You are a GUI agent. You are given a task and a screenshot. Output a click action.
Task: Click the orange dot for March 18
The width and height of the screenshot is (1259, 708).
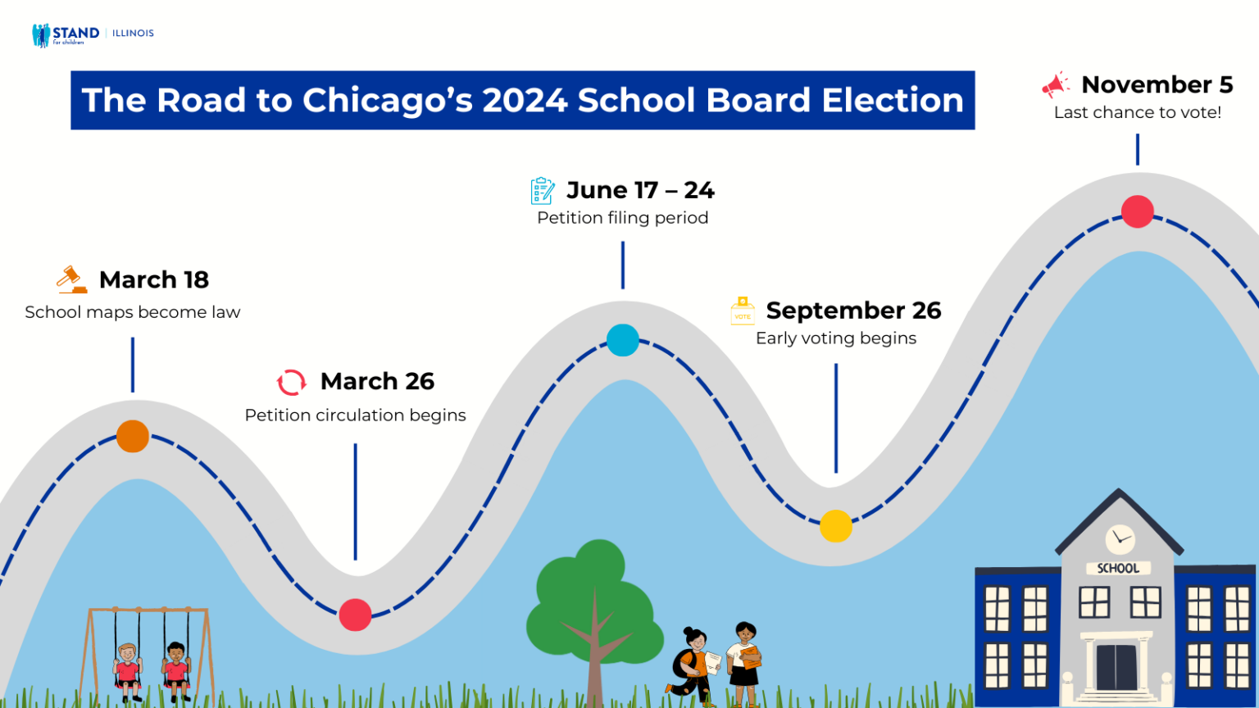pyautogui.click(x=133, y=436)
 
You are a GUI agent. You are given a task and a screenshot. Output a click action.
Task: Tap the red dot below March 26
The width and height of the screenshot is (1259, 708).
pyautogui.click(x=355, y=615)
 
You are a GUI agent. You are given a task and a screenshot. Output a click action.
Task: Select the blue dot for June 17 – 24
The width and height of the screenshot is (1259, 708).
pyautogui.click(x=623, y=340)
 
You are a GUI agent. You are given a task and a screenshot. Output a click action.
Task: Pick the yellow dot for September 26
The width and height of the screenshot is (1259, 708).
pyautogui.click(x=836, y=526)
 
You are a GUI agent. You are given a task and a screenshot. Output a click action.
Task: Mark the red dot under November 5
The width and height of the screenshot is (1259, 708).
pyautogui.click(x=1138, y=211)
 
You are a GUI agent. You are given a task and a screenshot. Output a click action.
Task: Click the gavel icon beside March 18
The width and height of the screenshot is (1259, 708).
pyautogui.click(x=72, y=279)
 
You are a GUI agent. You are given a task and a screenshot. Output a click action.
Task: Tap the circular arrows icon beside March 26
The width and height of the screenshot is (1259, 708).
pyautogui.click(x=291, y=382)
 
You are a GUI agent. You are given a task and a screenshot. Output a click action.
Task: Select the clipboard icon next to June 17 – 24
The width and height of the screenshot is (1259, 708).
pyautogui.click(x=542, y=190)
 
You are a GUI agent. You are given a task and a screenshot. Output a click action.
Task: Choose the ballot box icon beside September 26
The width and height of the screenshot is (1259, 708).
pyautogui.click(x=743, y=311)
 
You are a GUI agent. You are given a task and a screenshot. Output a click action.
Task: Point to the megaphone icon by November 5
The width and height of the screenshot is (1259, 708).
pyautogui.click(x=1056, y=84)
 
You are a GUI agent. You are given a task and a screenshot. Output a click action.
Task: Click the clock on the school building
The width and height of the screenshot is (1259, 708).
pyautogui.click(x=1120, y=539)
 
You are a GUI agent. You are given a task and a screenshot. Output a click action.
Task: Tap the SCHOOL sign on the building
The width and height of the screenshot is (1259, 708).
pyautogui.click(x=1118, y=568)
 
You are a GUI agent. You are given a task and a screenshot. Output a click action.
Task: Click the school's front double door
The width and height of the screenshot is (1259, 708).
pyautogui.click(x=1116, y=666)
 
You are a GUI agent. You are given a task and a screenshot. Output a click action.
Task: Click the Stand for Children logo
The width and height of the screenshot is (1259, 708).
pyautogui.click(x=66, y=34)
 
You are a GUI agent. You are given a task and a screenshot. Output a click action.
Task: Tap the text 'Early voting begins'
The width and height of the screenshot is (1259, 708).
pyautogui.click(x=836, y=338)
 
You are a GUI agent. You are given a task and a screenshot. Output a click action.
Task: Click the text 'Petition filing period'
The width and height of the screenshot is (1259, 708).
pyautogui.click(x=623, y=218)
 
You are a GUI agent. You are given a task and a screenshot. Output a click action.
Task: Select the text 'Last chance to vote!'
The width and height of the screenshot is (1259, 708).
pyautogui.click(x=1138, y=113)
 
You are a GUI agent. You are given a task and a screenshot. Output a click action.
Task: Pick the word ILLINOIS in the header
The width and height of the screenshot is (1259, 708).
pyautogui.click(x=133, y=34)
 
